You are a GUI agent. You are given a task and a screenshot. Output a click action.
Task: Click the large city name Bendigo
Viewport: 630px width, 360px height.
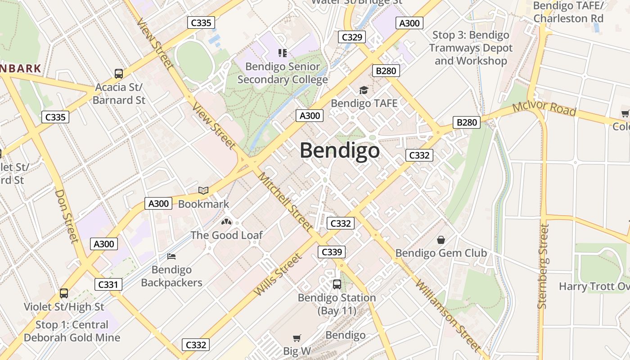[340, 150]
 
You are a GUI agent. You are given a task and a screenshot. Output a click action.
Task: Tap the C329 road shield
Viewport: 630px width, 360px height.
[352, 37]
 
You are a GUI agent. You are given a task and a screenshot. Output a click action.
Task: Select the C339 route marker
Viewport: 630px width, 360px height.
[332, 252]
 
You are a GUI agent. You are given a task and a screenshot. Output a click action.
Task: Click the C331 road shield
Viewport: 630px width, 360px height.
[108, 284]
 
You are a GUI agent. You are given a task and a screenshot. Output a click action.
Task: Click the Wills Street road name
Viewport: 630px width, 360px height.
[277, 275]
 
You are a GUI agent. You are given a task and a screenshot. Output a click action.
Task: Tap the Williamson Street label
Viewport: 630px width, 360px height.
[448, 315]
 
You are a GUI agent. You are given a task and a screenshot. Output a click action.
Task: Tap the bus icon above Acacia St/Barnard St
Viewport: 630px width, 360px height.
[119, 73]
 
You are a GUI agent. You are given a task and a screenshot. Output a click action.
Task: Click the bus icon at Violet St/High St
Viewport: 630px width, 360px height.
[64, 293]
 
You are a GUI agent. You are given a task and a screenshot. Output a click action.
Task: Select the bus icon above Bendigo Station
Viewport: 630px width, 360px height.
[337, 284]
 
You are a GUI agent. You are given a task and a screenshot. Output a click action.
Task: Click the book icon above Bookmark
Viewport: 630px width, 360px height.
[203, 191]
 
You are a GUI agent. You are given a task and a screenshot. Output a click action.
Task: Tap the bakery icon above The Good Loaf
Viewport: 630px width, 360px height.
[226, 222]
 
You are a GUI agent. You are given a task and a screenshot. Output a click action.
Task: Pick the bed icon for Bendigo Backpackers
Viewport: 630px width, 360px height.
[171, 256]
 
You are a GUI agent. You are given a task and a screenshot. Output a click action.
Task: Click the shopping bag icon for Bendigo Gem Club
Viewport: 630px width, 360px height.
[441, 239]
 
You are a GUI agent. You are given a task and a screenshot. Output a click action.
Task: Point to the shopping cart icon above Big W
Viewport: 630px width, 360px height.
[297, 337]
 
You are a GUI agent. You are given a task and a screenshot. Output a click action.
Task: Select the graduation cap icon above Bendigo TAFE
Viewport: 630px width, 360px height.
[364, 90]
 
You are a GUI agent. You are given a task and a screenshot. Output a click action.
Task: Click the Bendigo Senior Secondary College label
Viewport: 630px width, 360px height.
[283, 73]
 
